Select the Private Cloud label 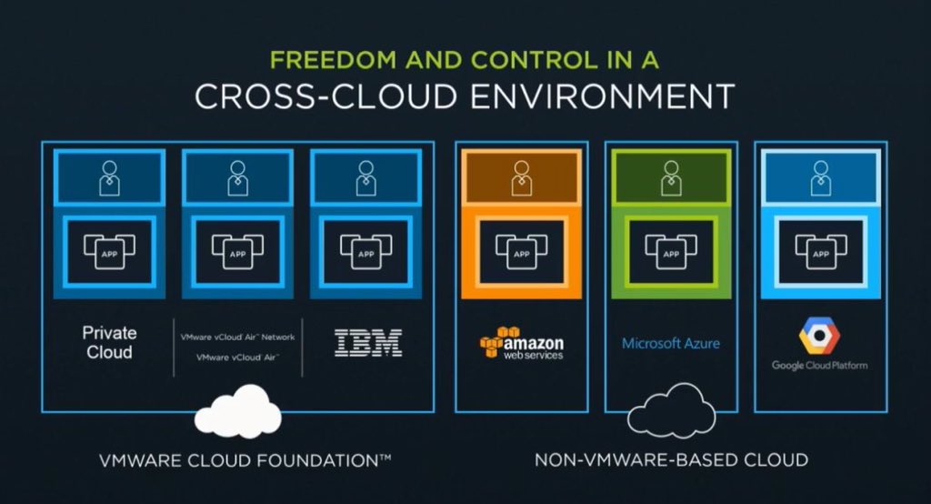109,343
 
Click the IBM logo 368,343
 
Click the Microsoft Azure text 671,344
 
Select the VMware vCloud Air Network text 238,337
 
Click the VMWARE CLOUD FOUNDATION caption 245,460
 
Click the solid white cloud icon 238,412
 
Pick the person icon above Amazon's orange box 521,177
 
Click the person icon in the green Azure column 670,177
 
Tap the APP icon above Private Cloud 109,247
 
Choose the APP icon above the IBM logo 365,247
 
